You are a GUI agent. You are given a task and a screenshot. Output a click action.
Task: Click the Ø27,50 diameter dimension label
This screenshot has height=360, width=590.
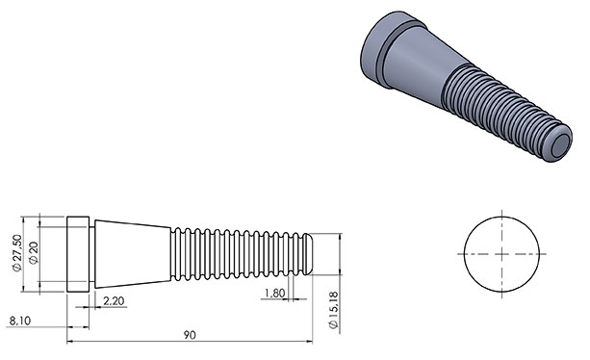coord(16,253)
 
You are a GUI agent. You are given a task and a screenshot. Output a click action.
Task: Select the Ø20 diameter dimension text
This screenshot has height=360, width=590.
coord(34,253)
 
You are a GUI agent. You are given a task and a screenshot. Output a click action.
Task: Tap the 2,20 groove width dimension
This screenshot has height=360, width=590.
coord(114,301)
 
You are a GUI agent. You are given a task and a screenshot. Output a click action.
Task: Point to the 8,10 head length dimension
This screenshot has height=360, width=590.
coord(20,321)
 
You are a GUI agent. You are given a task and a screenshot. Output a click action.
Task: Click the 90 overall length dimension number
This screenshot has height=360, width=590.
coord(190,335)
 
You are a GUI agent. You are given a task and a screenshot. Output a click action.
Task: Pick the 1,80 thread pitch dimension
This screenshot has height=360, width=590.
coord(274,293)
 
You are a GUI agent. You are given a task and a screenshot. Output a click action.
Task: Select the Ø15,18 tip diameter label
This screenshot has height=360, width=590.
coord(334,310)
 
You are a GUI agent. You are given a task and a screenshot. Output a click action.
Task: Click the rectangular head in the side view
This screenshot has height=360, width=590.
coord(78,254)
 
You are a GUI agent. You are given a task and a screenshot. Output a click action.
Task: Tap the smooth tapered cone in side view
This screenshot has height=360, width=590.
coord(133,254)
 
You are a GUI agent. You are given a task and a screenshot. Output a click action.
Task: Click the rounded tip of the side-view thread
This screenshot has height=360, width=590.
coord(309,254)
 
